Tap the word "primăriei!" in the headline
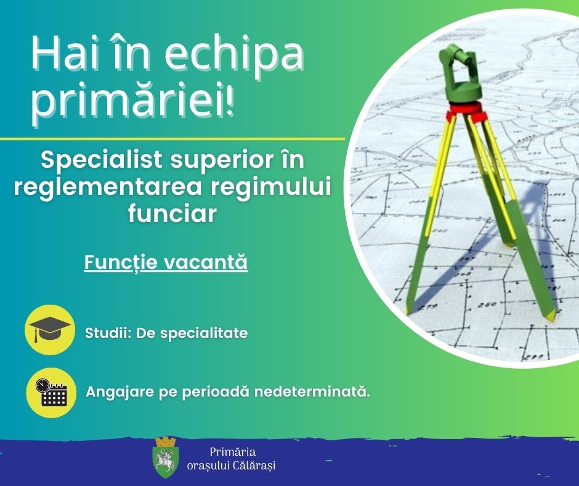[x=132, y=100]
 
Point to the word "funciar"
[x=172, y=214]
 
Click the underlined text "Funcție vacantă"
[x=166, y=263]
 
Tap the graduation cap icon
[x=50, y=329]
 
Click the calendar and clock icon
[x=51, y=392]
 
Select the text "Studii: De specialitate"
[x=166, y=333]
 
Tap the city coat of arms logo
[x=166, y=457]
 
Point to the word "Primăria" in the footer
[x=233, y=452]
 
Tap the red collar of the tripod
[x=466, y=110]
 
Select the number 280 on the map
[x=487, y=305]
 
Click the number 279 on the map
[x=427, y=307]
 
